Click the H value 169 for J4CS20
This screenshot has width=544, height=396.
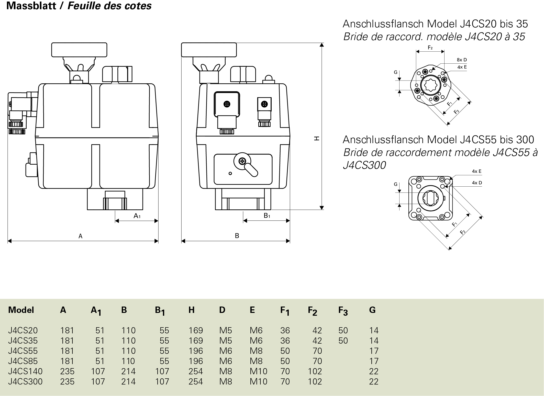(x=196, y=330)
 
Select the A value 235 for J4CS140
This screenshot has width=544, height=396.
(x=67, y=371)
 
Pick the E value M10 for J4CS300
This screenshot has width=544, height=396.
(x=258, y=381)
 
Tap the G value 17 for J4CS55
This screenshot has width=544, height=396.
(x=374, y=351)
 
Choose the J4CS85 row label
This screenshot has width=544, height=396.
(x=23, y=361)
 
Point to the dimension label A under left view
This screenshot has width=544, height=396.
(x=80, y=236)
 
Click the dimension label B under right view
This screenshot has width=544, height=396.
(x=237, y=236)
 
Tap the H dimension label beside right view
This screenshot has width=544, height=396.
(x=317, y=138)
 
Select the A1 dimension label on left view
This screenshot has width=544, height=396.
(x=137, y=216)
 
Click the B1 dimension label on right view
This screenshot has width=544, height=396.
(x=267, y=216)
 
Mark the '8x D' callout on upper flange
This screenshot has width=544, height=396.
(x=462, y=60)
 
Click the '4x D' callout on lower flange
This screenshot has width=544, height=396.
(x=477, y=183)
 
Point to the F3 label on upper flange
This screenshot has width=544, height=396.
(x=456, y=112)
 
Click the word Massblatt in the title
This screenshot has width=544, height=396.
(x=31, y=6)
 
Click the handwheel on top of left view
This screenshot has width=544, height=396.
(x=79, y=50)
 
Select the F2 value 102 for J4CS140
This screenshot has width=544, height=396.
(x=315, y=371)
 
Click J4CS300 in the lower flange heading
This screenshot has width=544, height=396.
(x=364, y=165)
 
